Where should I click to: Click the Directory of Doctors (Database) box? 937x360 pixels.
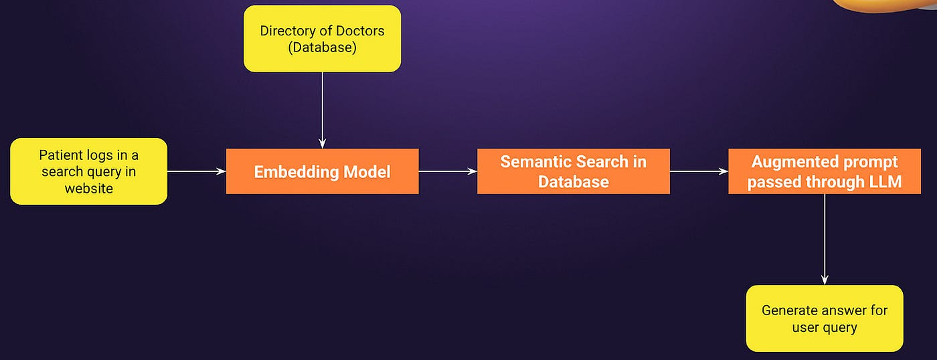(322, 39)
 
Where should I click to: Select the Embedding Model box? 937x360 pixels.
(322, 171)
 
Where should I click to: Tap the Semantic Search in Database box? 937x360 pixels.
(573, 171)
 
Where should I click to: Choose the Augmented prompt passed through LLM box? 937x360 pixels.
(824, 171)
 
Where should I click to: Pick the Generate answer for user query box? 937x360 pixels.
(824, 319)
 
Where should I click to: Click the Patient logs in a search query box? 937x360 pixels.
(88, 171)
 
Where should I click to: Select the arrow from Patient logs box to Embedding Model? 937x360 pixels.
(196, 171)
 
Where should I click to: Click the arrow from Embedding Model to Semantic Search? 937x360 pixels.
(448, 171)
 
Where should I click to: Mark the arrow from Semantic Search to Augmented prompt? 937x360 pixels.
(699, 171)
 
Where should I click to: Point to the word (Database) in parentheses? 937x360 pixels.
(322, 48)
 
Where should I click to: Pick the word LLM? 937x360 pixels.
(884, 182)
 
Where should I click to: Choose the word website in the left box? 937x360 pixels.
(88, 188)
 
